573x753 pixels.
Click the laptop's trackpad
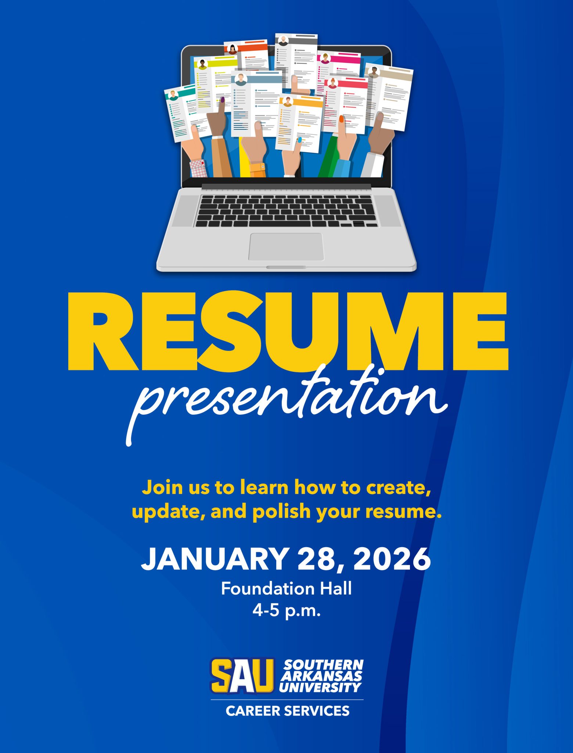(286, 247)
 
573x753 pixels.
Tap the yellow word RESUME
(288, 332)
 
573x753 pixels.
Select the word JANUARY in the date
(214, 558)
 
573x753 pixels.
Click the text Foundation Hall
(286, 589)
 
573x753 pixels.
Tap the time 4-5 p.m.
(286, 611)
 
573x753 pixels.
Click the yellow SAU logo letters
(242, 676)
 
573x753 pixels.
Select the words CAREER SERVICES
(288, 711)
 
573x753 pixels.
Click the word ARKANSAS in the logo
(322, 676)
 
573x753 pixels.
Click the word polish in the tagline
(281, 511)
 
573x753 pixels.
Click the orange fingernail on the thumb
(341, 119)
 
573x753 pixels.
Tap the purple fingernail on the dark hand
(222, 99)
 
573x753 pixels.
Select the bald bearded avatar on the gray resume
(283, 40)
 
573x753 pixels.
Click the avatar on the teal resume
(173, 96)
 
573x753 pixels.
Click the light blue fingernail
(299, 140)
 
